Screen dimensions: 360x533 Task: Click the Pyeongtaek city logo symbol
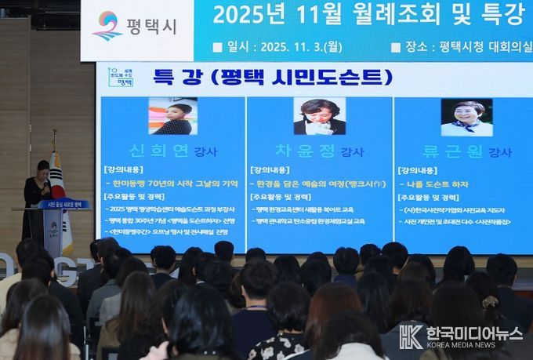[x=107, y=25]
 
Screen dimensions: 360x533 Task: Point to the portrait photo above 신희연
[x=172, y=116]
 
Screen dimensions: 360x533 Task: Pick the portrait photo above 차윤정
[x=319, y=116]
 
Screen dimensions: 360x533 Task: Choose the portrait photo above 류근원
[x=466, y=117]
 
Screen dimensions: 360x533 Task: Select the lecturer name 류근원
[x=454, y=151]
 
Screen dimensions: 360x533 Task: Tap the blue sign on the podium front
[x=63, y=205]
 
